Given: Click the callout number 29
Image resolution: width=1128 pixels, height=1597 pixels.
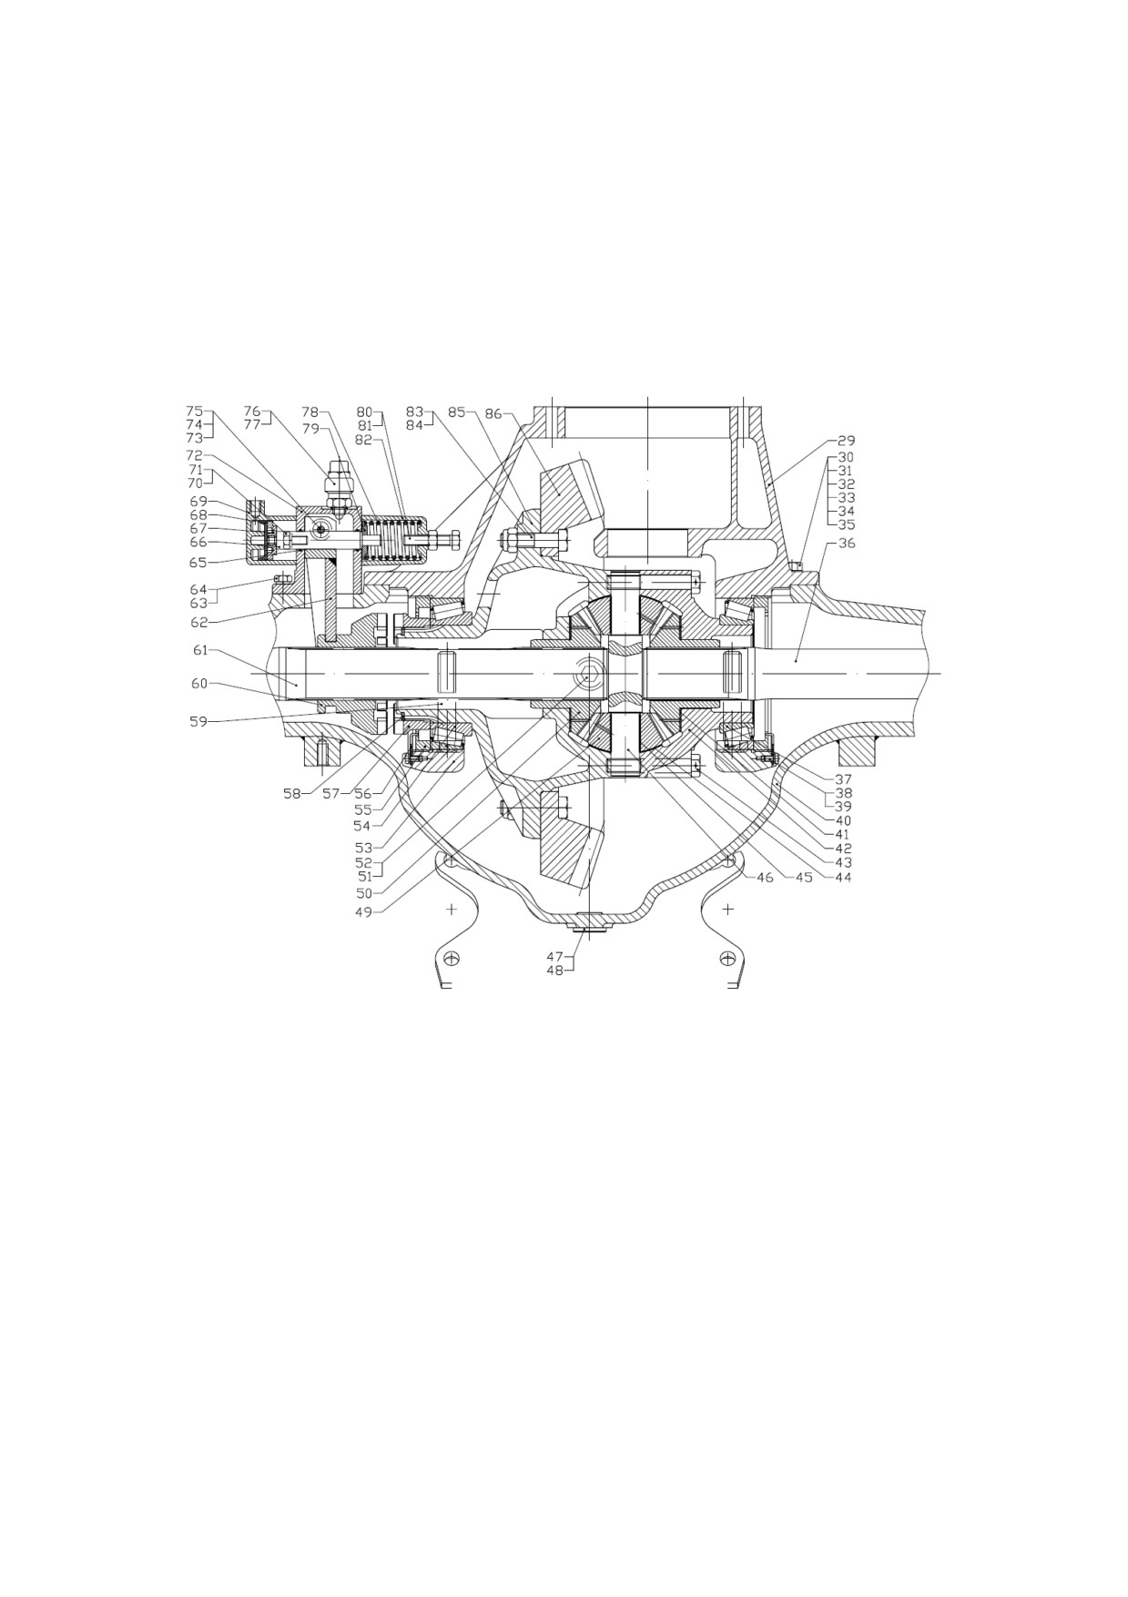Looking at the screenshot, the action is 846,441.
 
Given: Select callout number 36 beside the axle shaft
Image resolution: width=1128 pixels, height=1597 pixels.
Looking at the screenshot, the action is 846,544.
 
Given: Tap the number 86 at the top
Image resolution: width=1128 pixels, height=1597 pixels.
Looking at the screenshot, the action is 493,413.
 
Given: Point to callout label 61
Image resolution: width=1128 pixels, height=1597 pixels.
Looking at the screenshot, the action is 200,649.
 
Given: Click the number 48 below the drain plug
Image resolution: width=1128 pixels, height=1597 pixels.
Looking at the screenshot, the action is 555,971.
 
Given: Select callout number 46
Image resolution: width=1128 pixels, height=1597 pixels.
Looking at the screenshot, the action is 765,879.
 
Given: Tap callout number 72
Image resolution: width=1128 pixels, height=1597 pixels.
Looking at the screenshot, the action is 195,455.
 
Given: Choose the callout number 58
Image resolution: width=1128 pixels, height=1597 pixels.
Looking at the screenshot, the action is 292,794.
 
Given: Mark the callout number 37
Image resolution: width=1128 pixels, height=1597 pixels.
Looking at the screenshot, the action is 843,779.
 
